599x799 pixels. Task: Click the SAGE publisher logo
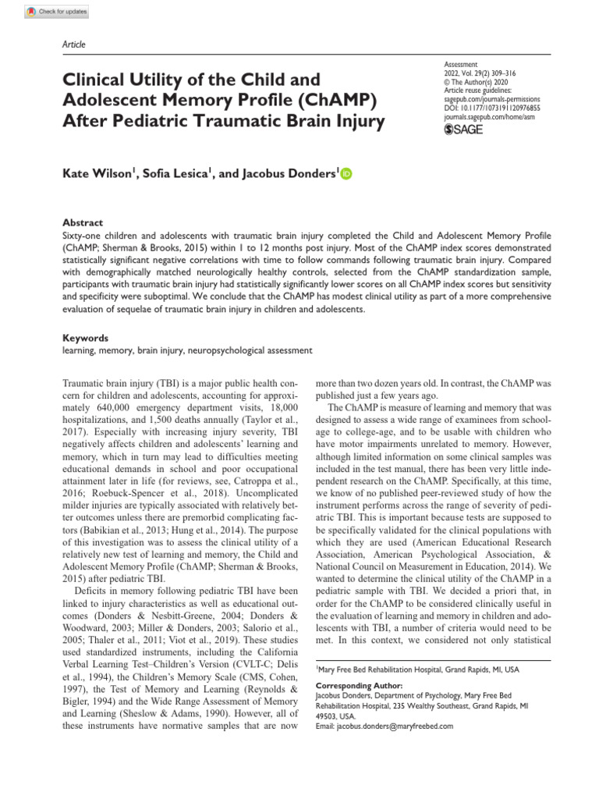[463, 130]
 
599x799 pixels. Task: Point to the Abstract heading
[82, 222]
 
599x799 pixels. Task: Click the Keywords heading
[85, 339]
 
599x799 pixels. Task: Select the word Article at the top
[73, 44]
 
